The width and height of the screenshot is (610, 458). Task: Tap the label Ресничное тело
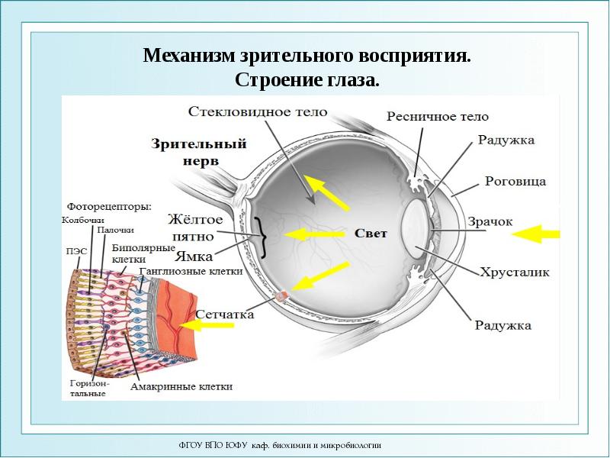coord(437,117)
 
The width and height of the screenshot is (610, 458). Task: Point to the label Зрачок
coord(490,221)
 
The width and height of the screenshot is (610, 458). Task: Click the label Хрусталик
coord(514,272)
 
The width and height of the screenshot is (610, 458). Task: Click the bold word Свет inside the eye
coord(371,234)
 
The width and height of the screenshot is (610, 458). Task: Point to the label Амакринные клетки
coord(181,386)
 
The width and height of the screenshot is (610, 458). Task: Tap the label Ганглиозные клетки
coord(191,270)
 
